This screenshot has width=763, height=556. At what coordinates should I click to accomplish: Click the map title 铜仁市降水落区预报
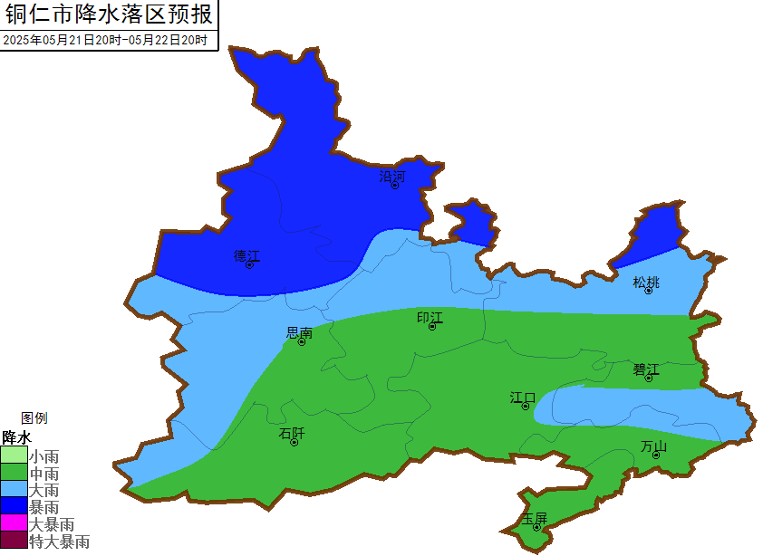(109, 15)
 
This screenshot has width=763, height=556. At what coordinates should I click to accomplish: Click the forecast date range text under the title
(105, 40)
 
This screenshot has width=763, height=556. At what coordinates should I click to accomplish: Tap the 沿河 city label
(391, 177)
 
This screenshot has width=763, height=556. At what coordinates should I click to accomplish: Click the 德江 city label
(246, 255)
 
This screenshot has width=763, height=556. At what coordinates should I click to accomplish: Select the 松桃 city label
(646, 283)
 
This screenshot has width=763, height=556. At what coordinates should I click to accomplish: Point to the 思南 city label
(299, 333)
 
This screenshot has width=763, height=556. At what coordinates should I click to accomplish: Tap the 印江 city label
(430, 318)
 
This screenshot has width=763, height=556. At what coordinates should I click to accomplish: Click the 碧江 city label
(646, 369)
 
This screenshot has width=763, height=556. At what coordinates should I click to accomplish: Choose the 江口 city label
(523, 398)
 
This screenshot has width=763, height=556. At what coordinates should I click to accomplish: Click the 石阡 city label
(292, 434)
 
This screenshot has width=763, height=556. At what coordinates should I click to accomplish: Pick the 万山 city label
(653, 446)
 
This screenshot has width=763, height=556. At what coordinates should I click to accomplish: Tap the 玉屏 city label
(535, 519)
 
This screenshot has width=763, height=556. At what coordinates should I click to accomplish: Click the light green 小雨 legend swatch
(14, 456)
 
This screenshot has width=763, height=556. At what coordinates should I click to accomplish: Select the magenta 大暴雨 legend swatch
(14, 524)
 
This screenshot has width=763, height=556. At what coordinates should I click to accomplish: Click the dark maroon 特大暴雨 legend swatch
(14, 542)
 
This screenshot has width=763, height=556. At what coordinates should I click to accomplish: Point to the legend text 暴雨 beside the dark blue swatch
(44, 507)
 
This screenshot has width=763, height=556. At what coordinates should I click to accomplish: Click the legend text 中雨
(44, 474)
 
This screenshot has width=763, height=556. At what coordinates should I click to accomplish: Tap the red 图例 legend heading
(34, 418)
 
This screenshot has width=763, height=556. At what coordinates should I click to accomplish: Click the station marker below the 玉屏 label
(536, 527)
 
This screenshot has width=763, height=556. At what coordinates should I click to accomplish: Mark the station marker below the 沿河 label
(394, 185)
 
